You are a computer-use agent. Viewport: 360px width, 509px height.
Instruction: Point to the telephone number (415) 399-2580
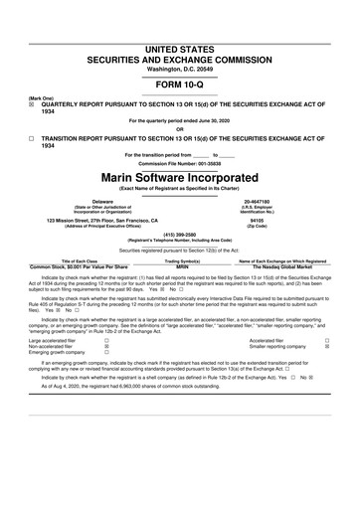pos(180,237)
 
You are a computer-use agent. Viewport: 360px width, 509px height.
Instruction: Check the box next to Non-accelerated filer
pos(106,352)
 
